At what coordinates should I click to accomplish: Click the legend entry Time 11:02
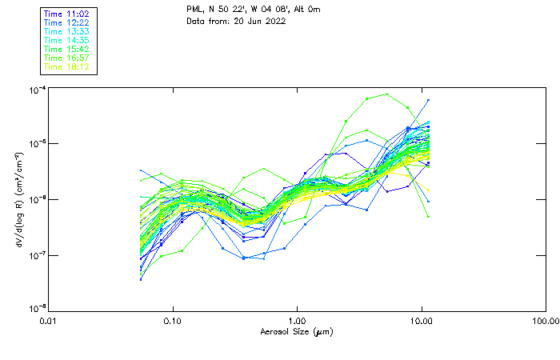click(67, 14)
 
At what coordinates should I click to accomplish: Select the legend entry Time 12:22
click(67, 22)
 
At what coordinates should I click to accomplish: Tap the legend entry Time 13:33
click(67, 31)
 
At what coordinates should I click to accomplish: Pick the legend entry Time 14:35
click(67, 40)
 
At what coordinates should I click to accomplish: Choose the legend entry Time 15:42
click(67, 49)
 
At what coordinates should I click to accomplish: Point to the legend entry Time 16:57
click(67, 58)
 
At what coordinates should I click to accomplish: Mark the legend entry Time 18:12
click(67, 66)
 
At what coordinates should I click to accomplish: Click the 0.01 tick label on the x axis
click(50, 321)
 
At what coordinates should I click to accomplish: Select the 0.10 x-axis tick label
click(174, 321)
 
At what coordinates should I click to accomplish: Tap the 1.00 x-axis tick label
click(298, 321)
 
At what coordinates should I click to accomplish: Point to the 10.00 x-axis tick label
click(422, 321)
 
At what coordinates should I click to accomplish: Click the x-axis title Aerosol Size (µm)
click(297, 331)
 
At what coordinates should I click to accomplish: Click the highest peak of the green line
click(387, 94)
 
